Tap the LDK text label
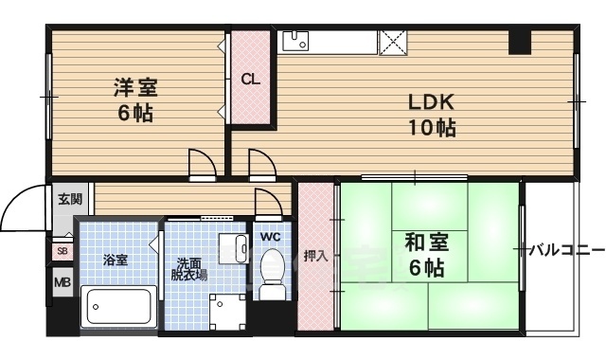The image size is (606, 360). [x=432, y=102]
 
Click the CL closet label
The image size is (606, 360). [x=250, y=80]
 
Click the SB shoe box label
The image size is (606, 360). [x=62, y=251]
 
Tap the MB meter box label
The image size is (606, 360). [x=62, y=281]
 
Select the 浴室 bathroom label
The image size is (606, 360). [x=116, y=259]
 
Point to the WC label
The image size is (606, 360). [x=271, y=236]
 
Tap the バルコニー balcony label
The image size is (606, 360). [x=565, y=250]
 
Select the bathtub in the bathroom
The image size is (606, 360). [x=118, y=306]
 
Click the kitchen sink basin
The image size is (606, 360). [x=296, y=40]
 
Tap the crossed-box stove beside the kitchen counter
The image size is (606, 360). [x=392, y=41]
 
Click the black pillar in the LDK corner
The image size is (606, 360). [x=520, y=43]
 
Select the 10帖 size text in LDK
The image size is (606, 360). [x=432, y=127]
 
